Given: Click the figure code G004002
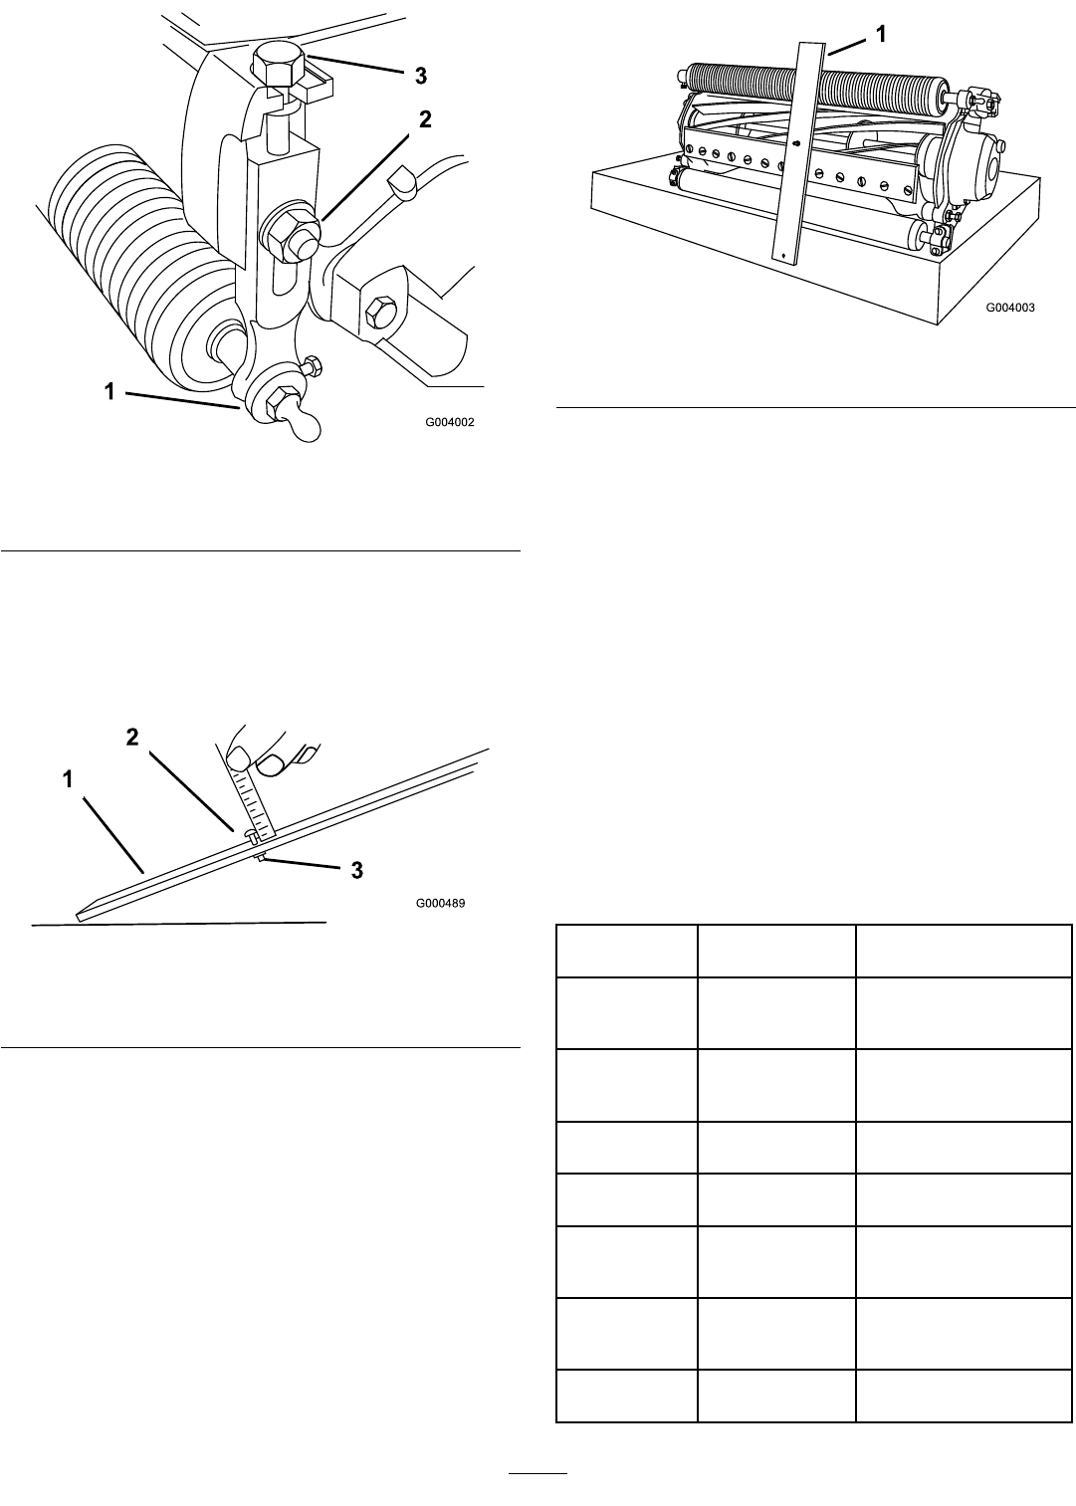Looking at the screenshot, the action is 449,422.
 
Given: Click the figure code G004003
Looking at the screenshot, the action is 1010,308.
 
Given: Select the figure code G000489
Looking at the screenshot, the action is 441,903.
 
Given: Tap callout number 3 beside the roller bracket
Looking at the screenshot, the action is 420,76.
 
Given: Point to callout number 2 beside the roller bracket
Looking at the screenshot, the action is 425,119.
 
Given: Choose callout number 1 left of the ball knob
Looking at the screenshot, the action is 109,391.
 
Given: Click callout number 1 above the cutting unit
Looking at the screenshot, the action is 880,34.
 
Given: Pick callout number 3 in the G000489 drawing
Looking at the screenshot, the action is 357,870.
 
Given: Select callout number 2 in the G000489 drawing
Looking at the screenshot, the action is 132,737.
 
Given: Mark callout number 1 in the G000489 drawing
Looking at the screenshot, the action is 68,779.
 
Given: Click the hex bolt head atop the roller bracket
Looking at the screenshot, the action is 279,65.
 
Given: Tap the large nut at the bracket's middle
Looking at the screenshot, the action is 290,234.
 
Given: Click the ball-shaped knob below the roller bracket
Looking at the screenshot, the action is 306,427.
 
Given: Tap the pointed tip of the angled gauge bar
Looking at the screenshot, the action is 78,916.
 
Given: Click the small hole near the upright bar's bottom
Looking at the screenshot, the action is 784,254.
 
